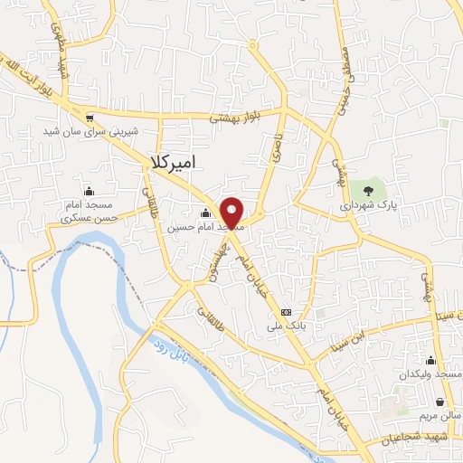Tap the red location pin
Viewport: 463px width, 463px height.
coord(232,213)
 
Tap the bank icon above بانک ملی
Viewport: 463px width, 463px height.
coord(286,306)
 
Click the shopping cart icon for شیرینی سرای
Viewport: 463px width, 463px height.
coord(89,118)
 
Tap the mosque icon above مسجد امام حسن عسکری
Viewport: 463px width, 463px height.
coord(89,191)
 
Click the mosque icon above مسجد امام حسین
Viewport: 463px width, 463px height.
coord(205,213)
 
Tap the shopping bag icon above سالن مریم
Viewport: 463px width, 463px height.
coord(439,402)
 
